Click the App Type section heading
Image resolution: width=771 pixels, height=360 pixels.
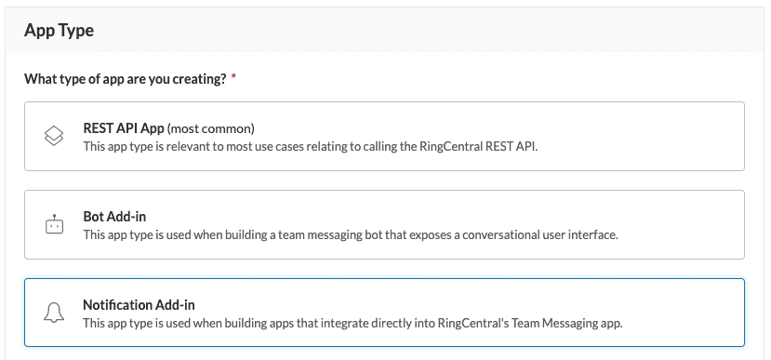pos(59,30)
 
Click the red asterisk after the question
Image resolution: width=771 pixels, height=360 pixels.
pos(233,79)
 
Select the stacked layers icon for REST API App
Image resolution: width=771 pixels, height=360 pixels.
pos(54,136)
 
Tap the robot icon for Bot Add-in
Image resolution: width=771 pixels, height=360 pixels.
pos(54,225)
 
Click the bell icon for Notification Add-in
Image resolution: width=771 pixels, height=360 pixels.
pos(54,313)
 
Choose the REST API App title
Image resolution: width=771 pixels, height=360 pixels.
pos(123,128)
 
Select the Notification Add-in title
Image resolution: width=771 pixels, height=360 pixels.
pos(139,305)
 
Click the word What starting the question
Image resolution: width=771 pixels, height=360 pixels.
pos(39,79)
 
